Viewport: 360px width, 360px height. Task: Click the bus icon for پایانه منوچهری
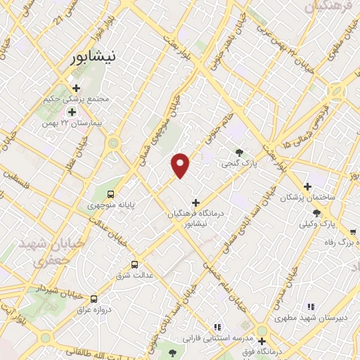point(110,194)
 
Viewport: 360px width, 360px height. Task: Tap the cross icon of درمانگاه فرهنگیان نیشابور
point(195,203)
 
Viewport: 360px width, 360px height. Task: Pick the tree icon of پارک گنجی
point(241,153)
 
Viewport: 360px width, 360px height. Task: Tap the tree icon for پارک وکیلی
point(317,212)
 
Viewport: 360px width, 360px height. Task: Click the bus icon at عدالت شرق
point(134,264)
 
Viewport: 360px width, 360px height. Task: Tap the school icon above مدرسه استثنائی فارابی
point(218,327)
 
